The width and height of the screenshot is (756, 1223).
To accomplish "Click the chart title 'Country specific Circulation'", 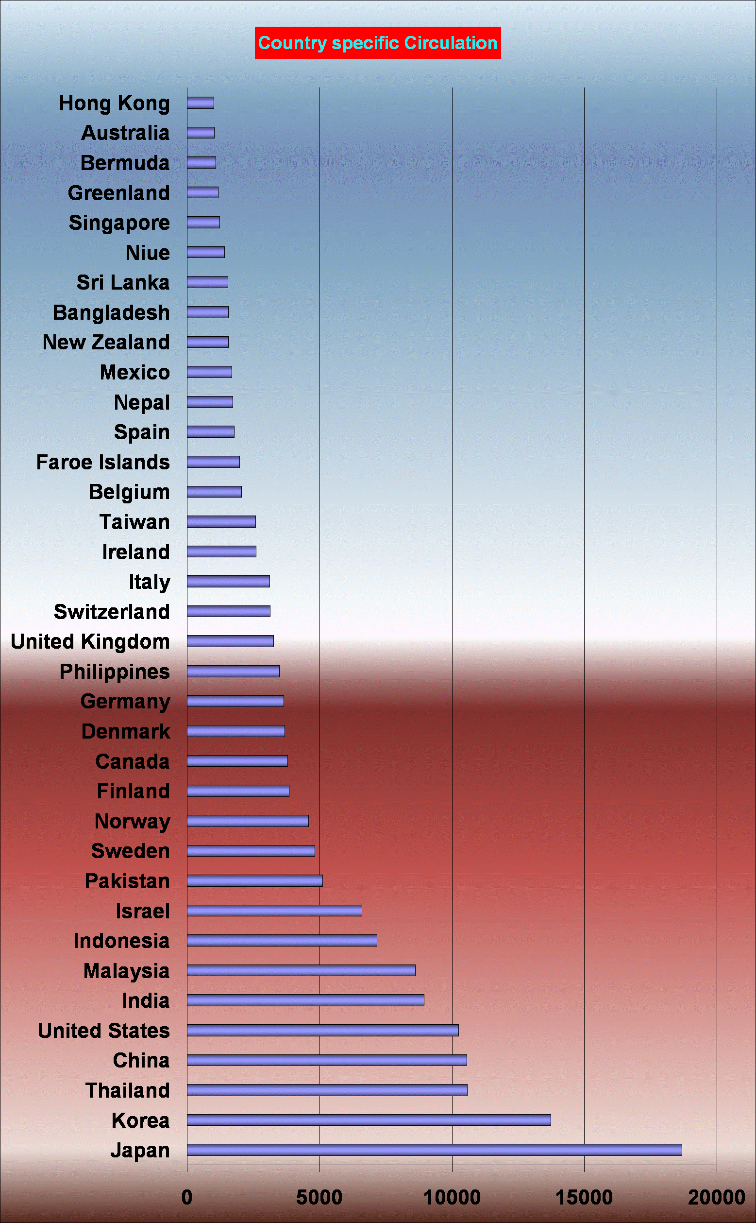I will [x=377, y=43].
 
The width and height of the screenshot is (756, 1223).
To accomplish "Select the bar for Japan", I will [x=434, y=1150].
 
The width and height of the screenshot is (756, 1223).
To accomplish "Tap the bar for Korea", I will [x=369, y=1120].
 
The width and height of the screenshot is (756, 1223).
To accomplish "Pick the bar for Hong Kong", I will [x=201, y=103].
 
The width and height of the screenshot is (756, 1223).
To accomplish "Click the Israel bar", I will [x=274, y=911].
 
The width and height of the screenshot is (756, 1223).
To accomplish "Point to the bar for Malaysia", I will [x=301, y=970].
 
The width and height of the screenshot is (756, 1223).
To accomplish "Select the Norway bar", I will [x=248, y=821].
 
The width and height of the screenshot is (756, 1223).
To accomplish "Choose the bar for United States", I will [x=322, y=1030].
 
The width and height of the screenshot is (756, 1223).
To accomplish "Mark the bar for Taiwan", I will [x=221, y=522].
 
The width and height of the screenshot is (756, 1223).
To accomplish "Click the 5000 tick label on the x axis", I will [x=319, y=1197].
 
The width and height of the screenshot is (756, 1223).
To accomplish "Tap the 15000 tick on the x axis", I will [x=584, y=1197].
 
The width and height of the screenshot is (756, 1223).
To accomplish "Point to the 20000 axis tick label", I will [x=716, y=1197].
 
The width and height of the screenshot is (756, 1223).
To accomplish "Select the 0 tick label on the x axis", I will [x=187, y=1197].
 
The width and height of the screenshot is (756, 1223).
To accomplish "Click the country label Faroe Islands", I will [x=103, y=462].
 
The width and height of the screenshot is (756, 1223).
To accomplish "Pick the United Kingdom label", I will [x=90, y=642].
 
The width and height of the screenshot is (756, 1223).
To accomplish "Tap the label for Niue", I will [x=148, y=253].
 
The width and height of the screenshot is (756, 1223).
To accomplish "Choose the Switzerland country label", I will [x=112, y=612].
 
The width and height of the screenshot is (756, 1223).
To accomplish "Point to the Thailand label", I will [x=128, y=1090].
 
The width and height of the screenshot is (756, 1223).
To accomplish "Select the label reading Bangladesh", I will [x=111, y=312].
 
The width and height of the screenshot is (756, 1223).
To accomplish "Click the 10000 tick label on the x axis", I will [x=452, y=1197].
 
